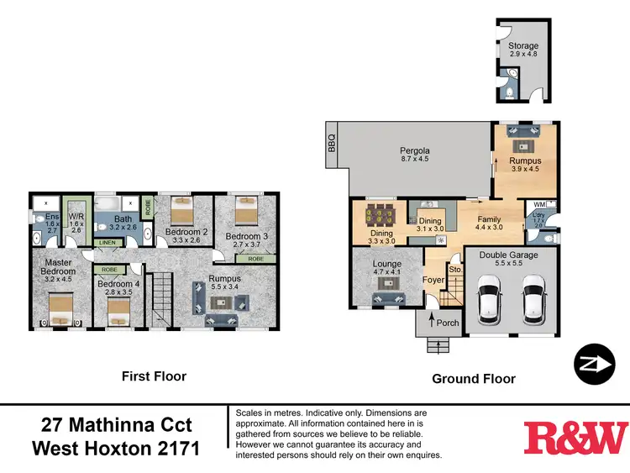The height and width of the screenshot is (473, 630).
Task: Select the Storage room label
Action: coord(522,45)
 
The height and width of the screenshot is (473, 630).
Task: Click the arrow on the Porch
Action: coord(433,320)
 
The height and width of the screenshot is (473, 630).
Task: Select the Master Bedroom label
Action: coord(59,266)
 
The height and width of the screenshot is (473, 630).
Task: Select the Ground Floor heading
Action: coord(473,379)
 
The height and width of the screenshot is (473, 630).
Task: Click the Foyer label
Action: coord(433,280)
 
